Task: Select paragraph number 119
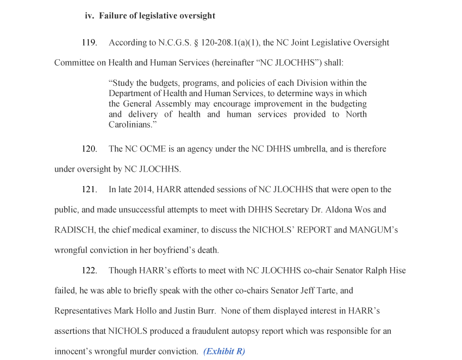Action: [x=89, y=42]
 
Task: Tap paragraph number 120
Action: [x=89, y=149]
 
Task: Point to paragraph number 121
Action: [x=89, y=190]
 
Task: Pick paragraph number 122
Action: [x=89, y=270]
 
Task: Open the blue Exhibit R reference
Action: [x=224, y=351]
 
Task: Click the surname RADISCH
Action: [x=75, y=230]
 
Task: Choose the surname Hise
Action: [x=397, y=270]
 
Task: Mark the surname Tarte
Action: [x=326, y=290]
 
